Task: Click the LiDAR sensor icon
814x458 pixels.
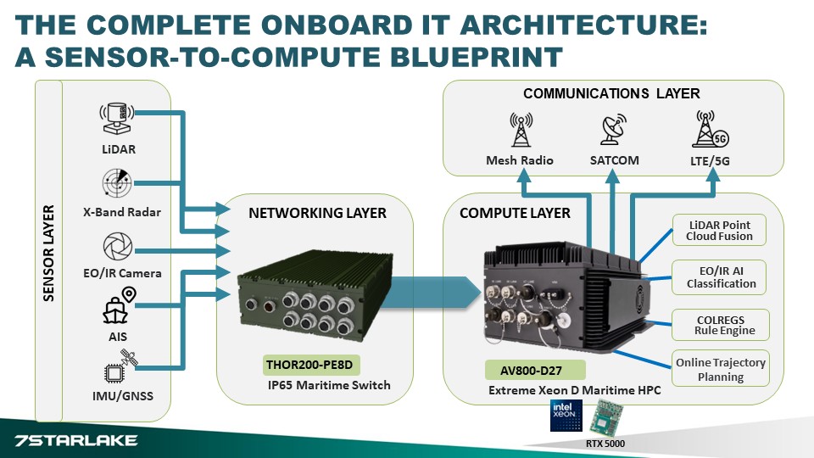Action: pyautogui.click(x=117, y=117)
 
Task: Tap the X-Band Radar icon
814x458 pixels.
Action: pyautogui.click(x=116, y=182)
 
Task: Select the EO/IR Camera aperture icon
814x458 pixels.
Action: pyautogui.click(x=116, y=247)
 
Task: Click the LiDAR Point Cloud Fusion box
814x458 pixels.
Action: pyautogui.click(x=720, y=230)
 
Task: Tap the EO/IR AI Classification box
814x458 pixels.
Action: pyautogui.click(x=721, y=277)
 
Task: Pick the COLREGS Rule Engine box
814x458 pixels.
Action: pyautogui.click(x=721, y=324)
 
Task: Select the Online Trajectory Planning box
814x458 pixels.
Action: pyautogui.click(x=721, y=369)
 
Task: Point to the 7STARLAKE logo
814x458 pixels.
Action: pyautogui.click(x=76, y=441)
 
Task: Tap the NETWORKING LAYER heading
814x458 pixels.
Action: pyautogui.click(x=317, y=214)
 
